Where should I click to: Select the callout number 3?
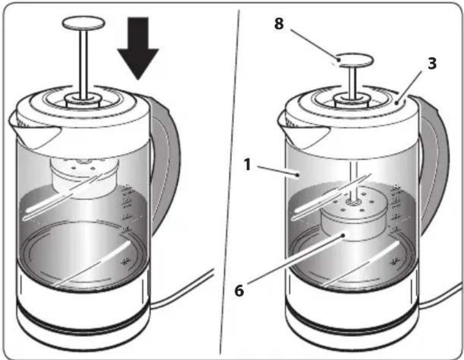point(432,64)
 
